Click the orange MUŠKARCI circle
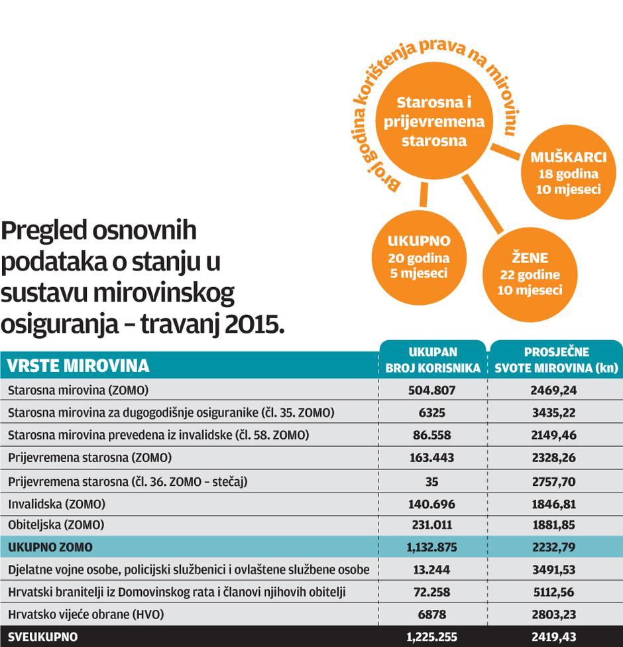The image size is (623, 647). (x=569, y=174)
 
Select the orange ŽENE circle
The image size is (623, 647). (x=529, y=274)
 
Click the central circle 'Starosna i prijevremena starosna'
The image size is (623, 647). (x=434, y=121)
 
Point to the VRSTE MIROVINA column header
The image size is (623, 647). (x=78, y=365)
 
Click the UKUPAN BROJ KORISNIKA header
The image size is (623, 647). (x=433, y=360)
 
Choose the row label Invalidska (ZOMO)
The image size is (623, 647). (x=56, y=504)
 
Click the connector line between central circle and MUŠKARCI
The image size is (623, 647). (x=510, y=153)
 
